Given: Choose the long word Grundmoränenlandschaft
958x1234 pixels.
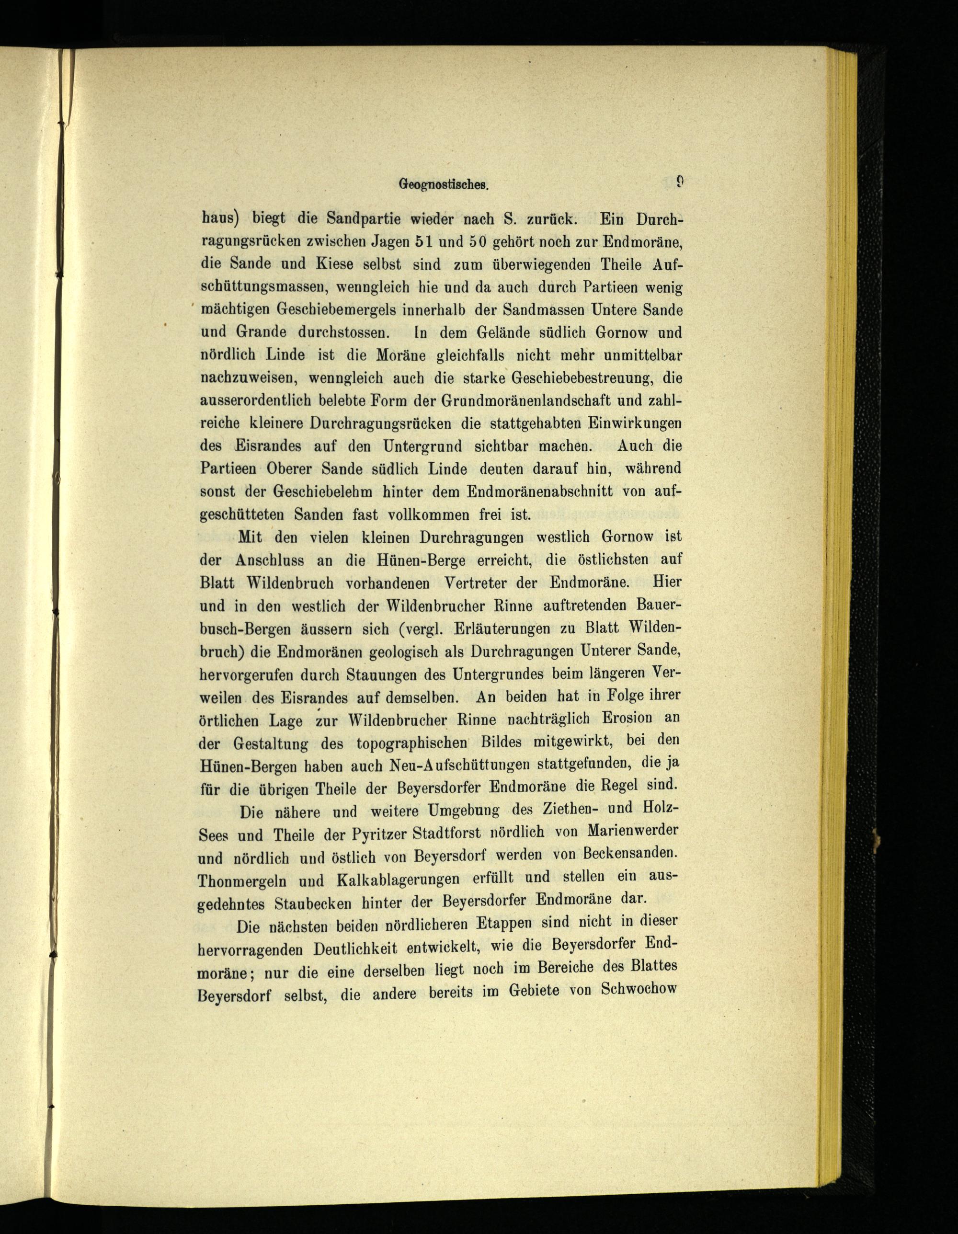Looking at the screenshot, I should [524, 400].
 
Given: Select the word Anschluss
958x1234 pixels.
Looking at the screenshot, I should [270, 560].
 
